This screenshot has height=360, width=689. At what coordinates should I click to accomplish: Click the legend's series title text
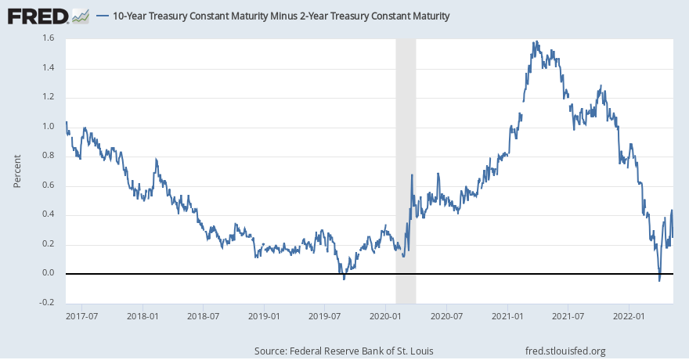click(281, 16)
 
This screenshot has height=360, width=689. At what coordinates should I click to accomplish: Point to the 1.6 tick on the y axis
click(49, 38)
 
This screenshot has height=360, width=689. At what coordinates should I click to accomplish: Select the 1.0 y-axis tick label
click(49, 127)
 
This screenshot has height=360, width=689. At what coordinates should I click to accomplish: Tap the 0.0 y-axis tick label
click(49, 273)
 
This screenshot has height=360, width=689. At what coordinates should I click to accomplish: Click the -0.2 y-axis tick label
click(48, 303)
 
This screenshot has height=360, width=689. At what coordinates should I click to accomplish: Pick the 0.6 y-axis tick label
click(49, 185)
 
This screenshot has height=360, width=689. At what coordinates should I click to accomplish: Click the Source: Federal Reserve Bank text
click(344, 351)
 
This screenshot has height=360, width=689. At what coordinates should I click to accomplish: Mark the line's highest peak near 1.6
click(536, 41)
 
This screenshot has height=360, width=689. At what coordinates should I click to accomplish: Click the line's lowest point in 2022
click(659, 280)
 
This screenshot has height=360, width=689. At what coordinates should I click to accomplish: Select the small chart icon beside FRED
click(80, 15)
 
